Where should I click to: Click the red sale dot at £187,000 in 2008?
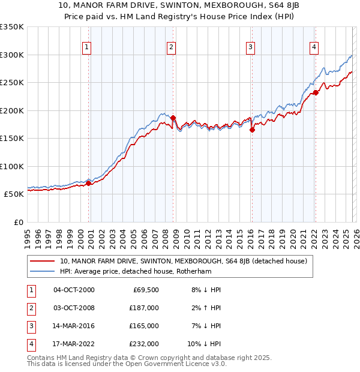[173, 118]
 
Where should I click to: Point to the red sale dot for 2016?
[252, 130]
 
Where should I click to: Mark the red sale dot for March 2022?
[316, 92]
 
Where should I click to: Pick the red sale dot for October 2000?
[88, 183]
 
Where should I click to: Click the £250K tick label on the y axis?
[12, 82]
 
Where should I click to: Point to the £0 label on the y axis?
[18, 222]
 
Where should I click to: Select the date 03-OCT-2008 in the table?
[74, 308]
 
